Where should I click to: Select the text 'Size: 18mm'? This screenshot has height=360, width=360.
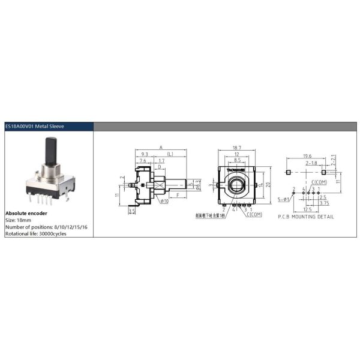(x=19, y=220)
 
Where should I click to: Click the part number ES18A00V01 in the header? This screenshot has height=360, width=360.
(x=22, y=127)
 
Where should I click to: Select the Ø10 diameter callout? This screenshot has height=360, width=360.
(x=164, y=201)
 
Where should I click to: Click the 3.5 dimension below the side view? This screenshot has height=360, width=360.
(x=132, y=211)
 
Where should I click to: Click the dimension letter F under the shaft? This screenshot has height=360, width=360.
(x=178, y=195)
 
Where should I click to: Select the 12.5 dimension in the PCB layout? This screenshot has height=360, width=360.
(x=307, y=209)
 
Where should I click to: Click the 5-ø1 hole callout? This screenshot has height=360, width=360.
(x=284, y=199)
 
